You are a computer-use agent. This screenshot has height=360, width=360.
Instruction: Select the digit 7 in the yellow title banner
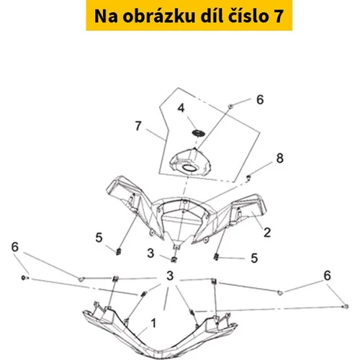(x=279, y=17)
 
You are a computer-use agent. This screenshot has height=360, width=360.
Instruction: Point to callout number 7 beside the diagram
(x=138, y=126)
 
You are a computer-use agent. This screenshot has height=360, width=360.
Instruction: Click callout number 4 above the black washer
(x=181, y=108)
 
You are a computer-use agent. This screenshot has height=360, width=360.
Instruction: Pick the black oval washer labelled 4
(x=198, y=133)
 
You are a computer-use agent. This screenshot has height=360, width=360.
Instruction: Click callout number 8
(x=280, y=158)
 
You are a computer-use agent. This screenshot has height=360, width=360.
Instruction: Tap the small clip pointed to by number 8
(x=248, y=177)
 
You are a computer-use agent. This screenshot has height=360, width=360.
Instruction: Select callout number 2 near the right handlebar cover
(x=267, y=233)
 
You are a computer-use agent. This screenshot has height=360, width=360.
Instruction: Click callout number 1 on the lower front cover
(x=153, y=323)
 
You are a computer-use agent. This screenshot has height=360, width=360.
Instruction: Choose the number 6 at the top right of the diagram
(x=260, y=99)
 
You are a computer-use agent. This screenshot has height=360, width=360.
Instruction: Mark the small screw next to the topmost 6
(x=230, y=106)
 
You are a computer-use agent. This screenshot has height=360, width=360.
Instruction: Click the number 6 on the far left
(x=15, y=247)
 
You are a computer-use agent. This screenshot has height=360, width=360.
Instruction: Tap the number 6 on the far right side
(x=328, y=276)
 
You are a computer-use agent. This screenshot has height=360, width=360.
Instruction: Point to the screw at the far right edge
(x=346, y=307)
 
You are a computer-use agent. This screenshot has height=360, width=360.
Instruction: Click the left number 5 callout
(x=99, y=238)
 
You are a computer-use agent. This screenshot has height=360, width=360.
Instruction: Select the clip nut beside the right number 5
(x=216, y=257)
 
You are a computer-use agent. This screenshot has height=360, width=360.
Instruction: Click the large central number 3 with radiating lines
(x=170, y=276)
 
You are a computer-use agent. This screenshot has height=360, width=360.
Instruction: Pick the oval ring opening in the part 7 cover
(x=189, y=168)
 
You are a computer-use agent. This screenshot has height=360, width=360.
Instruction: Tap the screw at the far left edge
(x=24, y=278)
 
